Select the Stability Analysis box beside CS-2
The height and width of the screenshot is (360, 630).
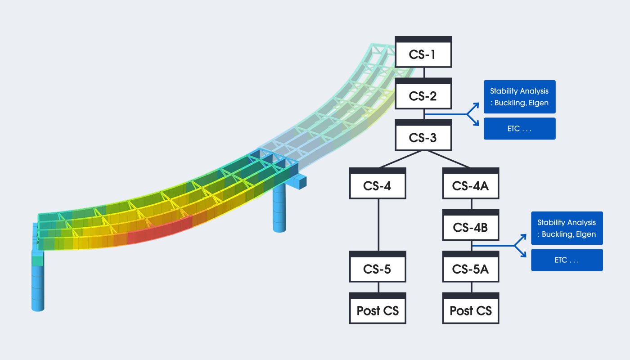[520, 97]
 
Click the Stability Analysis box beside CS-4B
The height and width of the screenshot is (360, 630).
[567, 228]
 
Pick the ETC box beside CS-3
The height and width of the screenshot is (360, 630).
[520, 129]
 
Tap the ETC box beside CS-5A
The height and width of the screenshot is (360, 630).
[567, 260]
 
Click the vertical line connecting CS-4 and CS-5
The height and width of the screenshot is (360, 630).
[378, 225]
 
